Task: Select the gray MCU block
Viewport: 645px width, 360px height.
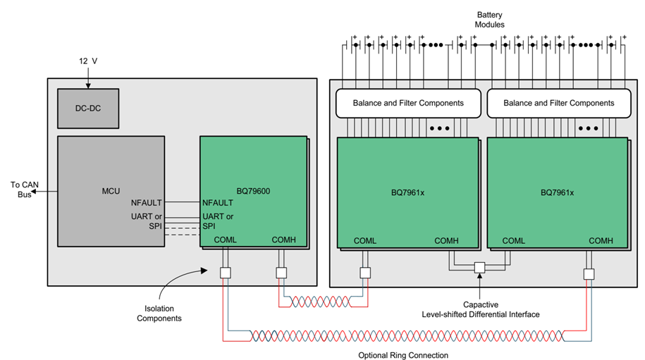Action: tap(111, 190)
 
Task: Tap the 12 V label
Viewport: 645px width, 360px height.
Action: tap(88, 62)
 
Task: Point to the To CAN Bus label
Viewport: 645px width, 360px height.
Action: tap(20, 190)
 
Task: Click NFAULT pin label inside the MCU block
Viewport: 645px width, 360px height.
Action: tap(147, 203)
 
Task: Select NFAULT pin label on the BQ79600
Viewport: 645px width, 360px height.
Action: tap(218, 203)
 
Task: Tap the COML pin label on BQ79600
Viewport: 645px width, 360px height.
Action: tap(225, 240)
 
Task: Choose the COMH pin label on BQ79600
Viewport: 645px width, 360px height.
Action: tap(284, 240)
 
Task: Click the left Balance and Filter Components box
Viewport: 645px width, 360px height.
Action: tap(408, 103)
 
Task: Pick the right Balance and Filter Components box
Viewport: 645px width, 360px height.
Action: tap(558, 103)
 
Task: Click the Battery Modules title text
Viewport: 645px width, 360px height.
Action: tap(490, 19)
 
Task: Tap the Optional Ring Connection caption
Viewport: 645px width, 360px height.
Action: tap(403, 355)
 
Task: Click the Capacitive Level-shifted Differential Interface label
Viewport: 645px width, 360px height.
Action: tap(480, 309)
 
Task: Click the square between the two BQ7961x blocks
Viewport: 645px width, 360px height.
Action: tap(479, 268)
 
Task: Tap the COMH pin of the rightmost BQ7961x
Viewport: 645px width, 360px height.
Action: tap(601, 240)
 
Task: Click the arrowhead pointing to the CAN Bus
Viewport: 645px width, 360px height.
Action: tap(36, 190)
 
